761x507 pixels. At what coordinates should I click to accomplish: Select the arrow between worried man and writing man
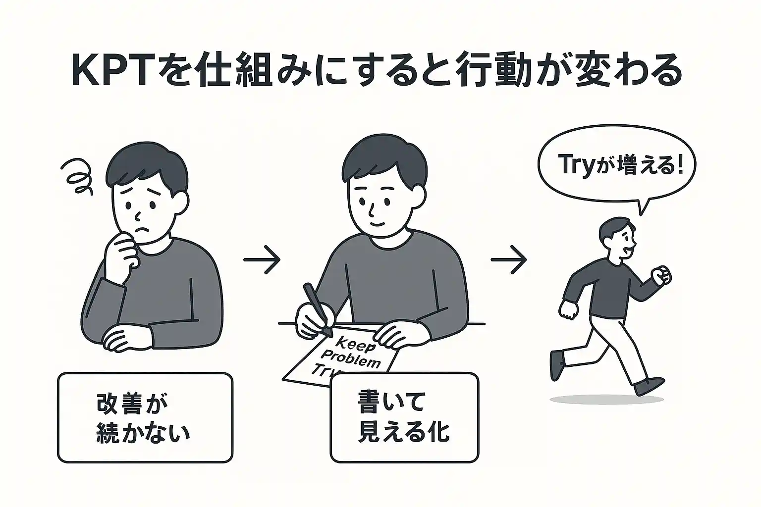(x=262, y=259)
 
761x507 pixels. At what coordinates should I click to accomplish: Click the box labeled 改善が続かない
(x=145, y=417)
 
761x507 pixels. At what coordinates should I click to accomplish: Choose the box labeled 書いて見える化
(x=404, y=417)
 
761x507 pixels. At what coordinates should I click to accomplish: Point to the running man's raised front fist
(x=661, y=275)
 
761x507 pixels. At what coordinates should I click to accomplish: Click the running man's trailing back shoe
(x=557, y=364)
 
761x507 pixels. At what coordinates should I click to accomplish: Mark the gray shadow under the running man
(x=607, y=399)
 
